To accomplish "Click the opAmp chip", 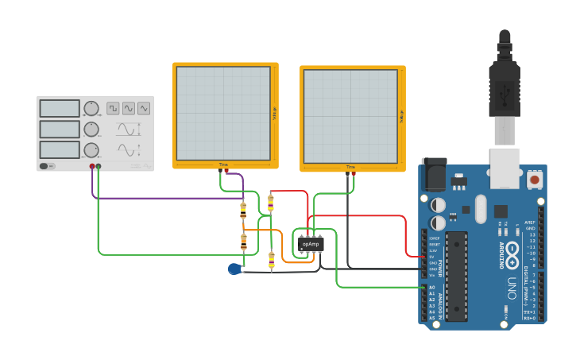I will pos(311,244).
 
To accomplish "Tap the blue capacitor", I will pos(234,269).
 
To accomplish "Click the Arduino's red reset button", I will pos(535,180).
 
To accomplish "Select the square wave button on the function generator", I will pos(114,108).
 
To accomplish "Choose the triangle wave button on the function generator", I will pos(144,108).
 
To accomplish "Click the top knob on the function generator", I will pos(91,109).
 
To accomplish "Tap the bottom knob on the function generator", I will pos(91,149).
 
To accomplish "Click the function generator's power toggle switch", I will pos(47,166).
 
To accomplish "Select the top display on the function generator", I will pos(60,109).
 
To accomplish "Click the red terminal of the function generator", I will pos(92,166).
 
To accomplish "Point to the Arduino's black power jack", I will pos(432,175).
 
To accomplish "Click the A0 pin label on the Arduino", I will pos(433,287).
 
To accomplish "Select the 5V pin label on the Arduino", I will pos(433,257).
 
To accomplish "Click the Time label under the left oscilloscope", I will pos(223,165).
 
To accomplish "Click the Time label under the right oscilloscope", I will pos(350,167).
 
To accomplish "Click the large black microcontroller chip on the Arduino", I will pos(458,273).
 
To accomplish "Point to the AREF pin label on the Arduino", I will pos(531,223).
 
